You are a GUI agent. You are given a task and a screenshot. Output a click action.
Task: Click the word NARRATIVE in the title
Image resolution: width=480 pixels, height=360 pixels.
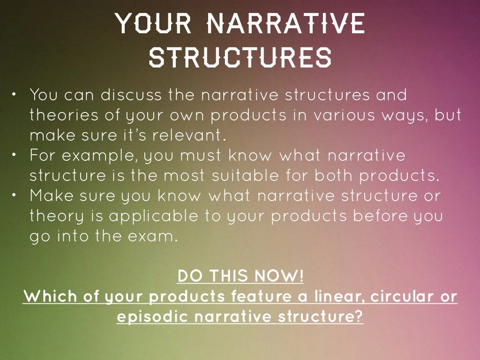tap(285, 23)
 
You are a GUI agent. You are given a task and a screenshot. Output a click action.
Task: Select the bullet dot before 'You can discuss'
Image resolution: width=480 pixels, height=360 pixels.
tap(15, 95)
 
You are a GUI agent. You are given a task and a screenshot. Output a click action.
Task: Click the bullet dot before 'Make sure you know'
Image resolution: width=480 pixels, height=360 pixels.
tap(15, 195)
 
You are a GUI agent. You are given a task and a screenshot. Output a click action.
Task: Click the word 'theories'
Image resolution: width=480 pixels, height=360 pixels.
tap(58, 115)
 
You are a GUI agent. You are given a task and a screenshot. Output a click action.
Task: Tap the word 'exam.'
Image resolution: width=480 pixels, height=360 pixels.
tap(155, 236)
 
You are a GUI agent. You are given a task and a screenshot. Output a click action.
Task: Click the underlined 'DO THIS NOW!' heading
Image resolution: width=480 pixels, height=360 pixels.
tap(240, 277)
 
